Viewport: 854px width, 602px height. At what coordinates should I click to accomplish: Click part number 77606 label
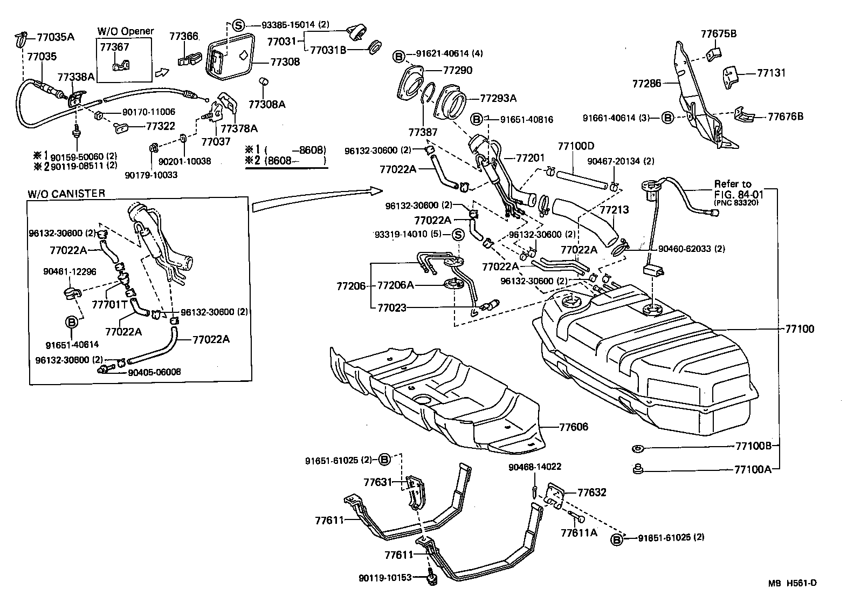[573, 427]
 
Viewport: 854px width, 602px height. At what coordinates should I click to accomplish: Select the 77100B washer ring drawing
[638, 448]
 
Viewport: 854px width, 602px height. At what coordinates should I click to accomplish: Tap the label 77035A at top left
[56, 37]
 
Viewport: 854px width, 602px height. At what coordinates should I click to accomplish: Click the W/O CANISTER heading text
[66, 194]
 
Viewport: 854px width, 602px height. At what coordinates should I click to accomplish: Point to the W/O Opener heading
[125, 31]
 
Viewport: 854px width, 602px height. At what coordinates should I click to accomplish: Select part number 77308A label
[267, 104]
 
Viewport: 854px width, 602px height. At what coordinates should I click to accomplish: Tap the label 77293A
[498, 98]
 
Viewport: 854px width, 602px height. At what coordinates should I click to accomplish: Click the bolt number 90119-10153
[385, 578]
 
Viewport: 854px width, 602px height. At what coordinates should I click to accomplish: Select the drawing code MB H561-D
[793, 583]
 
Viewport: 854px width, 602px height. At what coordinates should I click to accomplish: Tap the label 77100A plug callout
[753, 469]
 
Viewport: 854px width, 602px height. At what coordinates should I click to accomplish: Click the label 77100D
[576, 146]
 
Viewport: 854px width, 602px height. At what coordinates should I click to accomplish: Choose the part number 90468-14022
[535, 467]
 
